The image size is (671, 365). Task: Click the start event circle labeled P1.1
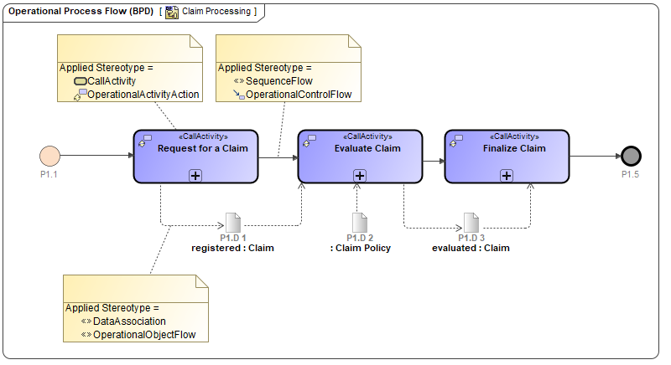(49, 156)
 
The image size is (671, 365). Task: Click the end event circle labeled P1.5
(631, 156)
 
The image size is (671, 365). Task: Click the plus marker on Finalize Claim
(507, 175)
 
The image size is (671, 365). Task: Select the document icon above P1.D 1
(232, 223)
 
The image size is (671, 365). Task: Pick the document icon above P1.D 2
(360, 223)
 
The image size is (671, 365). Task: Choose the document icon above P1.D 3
(471, 223)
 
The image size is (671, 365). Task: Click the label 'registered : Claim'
(232, 248)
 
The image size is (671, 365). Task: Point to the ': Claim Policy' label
(361, 248)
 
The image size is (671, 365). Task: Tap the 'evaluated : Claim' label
(471, 248)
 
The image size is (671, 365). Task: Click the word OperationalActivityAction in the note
(143, 95)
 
